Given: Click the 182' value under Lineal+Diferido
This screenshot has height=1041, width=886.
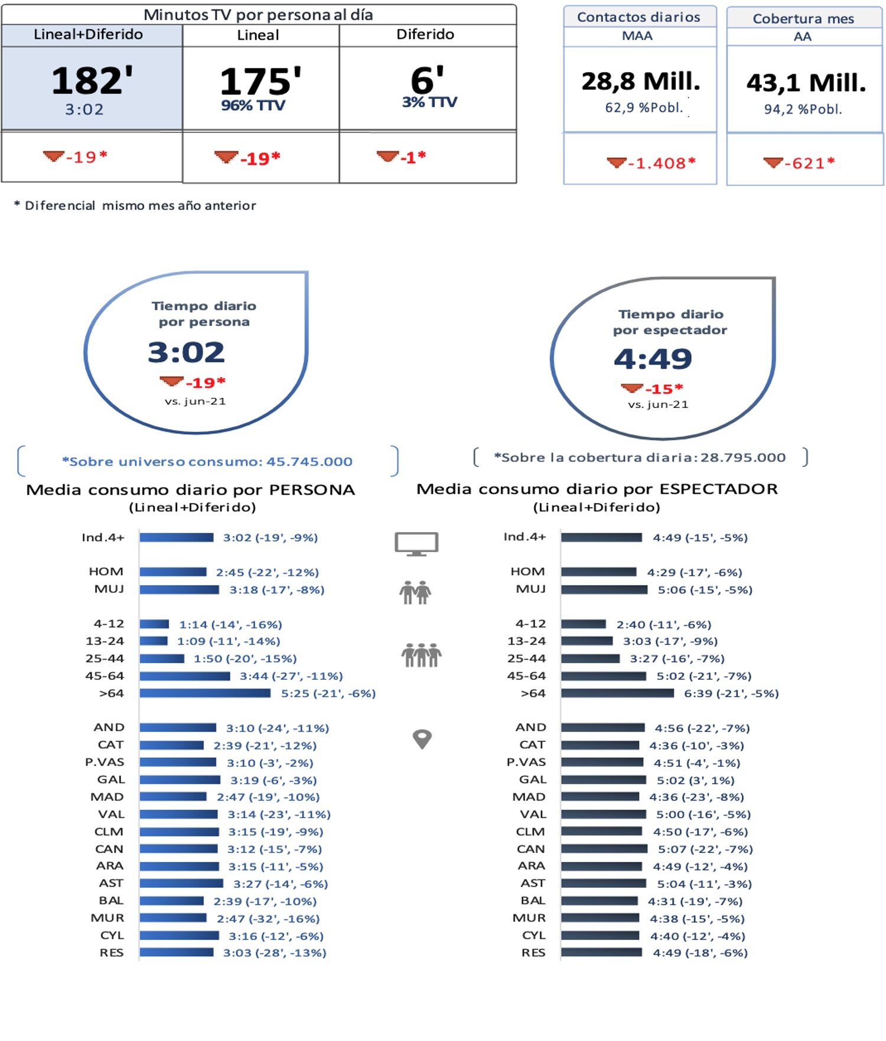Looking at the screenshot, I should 92,80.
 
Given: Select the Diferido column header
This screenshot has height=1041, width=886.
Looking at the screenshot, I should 425,34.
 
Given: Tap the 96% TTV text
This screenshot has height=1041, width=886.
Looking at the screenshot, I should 253,106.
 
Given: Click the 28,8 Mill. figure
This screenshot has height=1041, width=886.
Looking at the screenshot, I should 640,82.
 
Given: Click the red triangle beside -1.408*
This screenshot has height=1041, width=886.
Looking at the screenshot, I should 615,162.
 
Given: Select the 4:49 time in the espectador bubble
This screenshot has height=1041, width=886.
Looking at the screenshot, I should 653,359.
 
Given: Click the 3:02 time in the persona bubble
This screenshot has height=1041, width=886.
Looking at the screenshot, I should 186,352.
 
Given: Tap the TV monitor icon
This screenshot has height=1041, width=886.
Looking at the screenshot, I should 416,543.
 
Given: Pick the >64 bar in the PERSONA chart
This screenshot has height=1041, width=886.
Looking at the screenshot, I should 205,693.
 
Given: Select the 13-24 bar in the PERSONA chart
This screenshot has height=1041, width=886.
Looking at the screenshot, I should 154,641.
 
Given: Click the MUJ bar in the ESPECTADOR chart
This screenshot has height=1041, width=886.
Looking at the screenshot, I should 604,589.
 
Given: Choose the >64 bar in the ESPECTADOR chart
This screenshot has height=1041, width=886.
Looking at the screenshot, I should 617,693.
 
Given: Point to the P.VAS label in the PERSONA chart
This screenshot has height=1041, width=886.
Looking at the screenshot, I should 105,762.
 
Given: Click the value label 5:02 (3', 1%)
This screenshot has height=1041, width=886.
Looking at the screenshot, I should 695,780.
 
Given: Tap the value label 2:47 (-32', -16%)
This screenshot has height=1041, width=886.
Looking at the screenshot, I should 268,919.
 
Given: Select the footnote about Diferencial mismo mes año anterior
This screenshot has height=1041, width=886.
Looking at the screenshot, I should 135,206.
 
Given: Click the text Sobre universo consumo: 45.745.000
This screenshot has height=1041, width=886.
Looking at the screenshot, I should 207,462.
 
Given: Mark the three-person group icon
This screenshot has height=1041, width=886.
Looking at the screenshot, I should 421,655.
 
